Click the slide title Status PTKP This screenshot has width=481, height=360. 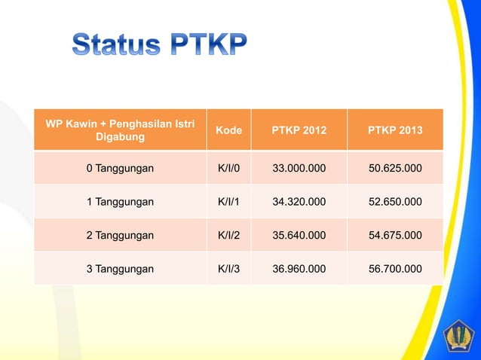(159, 46)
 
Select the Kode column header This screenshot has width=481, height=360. (228, 130)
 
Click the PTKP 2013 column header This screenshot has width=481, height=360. (395, 130)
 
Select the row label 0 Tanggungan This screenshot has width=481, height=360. (120, 168)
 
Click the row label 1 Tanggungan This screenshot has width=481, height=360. (120, 202)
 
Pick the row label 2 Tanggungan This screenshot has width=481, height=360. (120, 235)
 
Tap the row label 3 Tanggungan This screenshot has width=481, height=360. (120, 269)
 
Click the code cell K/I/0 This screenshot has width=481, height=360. (228, 168)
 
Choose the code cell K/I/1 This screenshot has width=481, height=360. (228, 202)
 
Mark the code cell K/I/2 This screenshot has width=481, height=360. (228, 235)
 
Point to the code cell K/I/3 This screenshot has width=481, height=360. (228, 269)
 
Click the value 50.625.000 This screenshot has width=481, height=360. (395, 168)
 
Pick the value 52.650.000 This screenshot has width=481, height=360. (395, 202)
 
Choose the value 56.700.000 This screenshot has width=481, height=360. (395, 269)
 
